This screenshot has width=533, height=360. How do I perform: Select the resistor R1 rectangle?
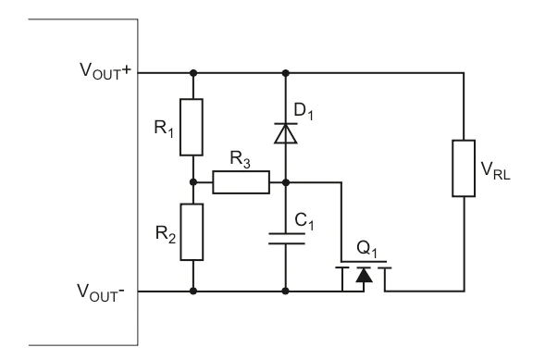[192, 128]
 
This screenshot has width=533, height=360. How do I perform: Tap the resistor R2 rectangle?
[192, 232]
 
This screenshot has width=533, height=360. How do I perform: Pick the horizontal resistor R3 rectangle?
[241, 182]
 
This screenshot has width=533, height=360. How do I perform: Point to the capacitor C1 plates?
[285, 238]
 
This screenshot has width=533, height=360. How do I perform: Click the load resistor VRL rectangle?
[462, 168]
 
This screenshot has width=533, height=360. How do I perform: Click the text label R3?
[240, 163]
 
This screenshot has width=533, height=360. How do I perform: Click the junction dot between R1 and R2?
[192, 182]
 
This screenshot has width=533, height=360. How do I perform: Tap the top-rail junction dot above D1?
[285, 71]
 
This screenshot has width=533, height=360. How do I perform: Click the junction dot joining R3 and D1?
[285, 182]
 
